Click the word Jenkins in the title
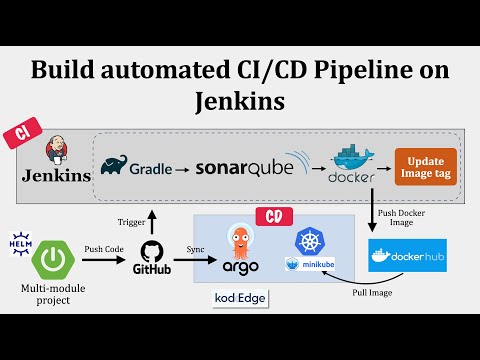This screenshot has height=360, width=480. coord(239,101)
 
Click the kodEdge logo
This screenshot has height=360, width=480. coord(239,298)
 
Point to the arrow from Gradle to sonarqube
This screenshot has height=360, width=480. coord(182,168)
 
